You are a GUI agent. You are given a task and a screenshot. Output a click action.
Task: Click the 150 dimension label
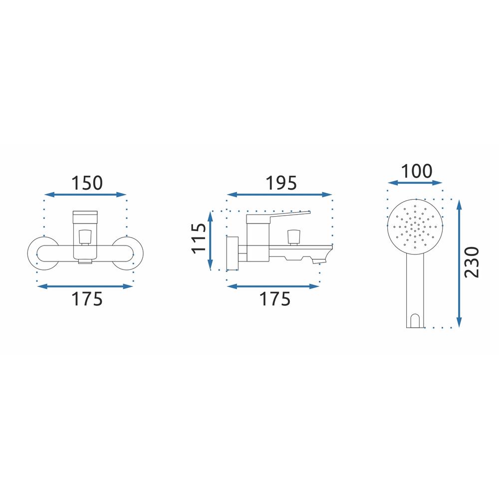87,183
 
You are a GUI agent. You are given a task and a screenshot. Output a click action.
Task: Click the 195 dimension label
281,183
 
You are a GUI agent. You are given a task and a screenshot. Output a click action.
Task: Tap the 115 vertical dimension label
199,239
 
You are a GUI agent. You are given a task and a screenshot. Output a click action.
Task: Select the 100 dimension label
417,171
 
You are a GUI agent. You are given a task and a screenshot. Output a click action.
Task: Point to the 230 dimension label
472,262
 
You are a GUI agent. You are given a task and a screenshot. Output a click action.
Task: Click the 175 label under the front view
87,299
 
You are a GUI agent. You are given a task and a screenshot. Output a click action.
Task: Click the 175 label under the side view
275,299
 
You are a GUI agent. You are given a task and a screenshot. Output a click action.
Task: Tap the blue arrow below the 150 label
85,195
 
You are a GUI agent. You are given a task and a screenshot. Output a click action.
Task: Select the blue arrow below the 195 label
279,195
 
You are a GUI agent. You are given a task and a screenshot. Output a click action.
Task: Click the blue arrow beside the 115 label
210,241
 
